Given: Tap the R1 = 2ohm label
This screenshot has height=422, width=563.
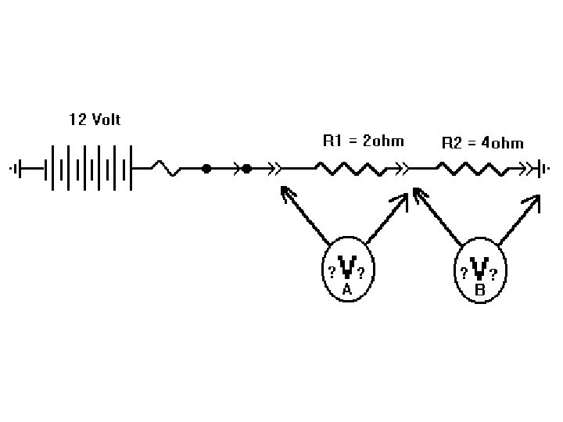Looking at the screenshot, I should pyautogui.click(x=363, y=141).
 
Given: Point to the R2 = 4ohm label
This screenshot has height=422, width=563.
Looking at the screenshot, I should pyautogui.click(x=482, y=143).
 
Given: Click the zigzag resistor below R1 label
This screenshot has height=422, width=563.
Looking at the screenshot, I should pyautogui.click(x=349, y=168).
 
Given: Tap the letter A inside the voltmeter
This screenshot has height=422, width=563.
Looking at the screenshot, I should pyautogui.click(x=347, y=289).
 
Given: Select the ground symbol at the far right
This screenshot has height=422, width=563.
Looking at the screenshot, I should pyautogui.click(x=540, y=168).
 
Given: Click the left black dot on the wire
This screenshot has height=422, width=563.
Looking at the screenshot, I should pyautogui.click(x=206, y=168).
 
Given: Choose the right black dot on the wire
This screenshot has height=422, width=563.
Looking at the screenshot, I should pyautogui.click(x=246, y=168).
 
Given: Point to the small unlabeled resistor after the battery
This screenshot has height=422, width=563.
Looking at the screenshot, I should pyautogui.click(x=167, y=168).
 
